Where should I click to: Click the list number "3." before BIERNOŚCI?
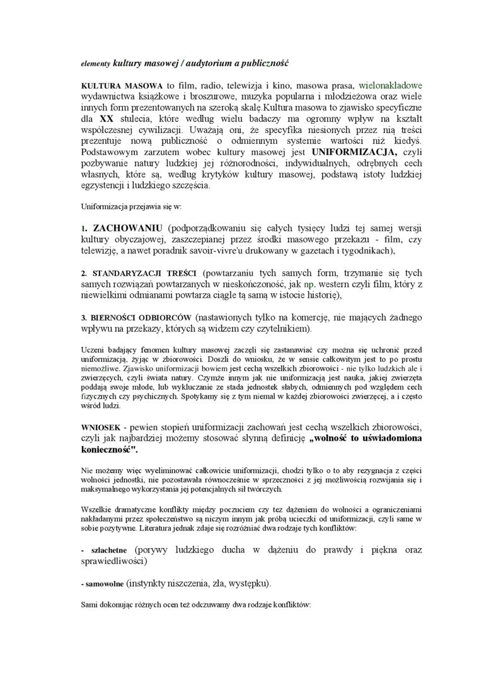pos(85,318)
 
